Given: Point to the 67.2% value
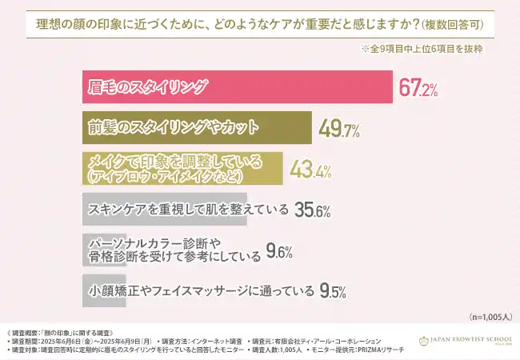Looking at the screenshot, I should click(x=418, y=89).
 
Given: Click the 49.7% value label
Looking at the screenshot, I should click(x=338, y=129).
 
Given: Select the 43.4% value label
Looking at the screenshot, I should click(x=310, y=170).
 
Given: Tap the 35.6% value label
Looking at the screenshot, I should click(x=314, y=210).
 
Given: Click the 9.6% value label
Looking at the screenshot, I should click(x=278, y=252).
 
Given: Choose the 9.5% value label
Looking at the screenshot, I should click(x=333, y=290).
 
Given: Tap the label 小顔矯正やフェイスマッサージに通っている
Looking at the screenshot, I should click(x=201, y=291).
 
